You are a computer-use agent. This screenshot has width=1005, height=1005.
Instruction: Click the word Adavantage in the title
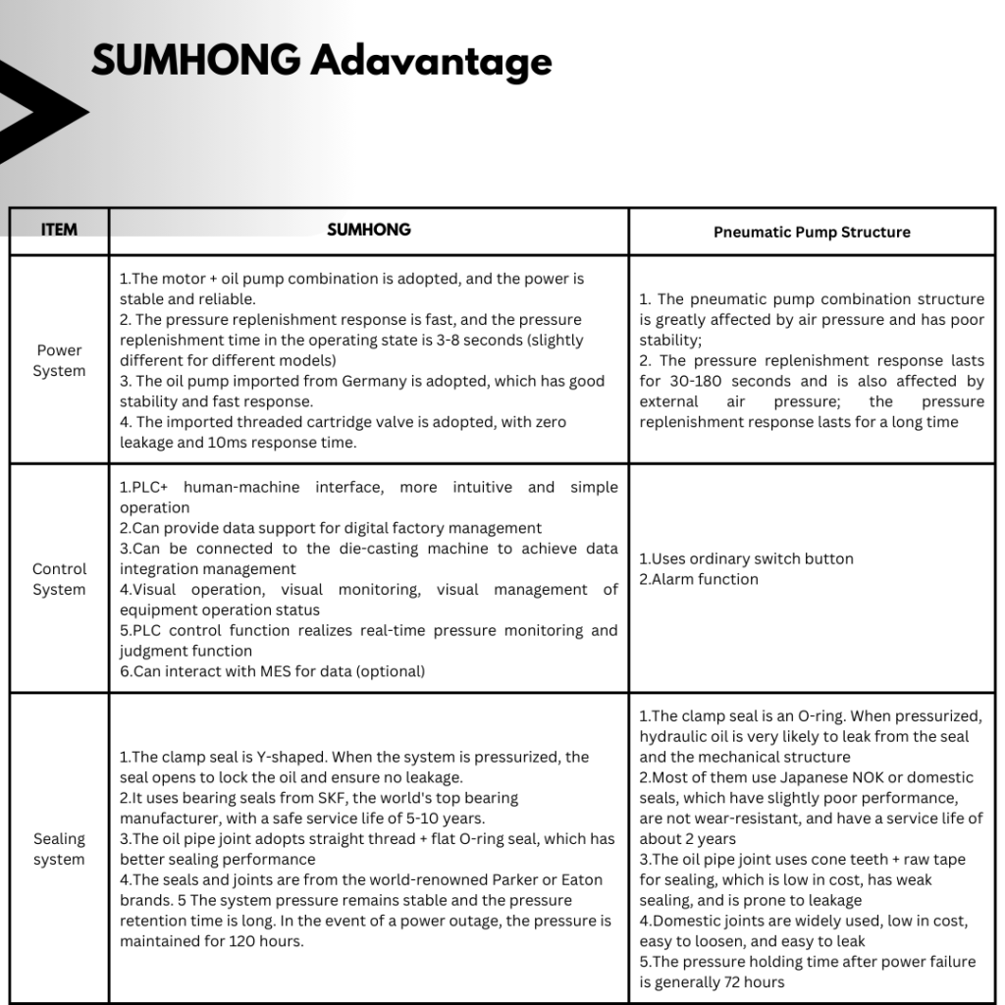[432, 62]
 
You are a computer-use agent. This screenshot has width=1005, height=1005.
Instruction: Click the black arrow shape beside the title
[39, 112]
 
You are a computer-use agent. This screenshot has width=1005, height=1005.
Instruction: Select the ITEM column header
[59, 231]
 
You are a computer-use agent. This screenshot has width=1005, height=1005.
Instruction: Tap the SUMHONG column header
[368, 230]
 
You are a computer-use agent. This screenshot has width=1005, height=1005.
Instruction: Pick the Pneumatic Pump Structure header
[812, 233]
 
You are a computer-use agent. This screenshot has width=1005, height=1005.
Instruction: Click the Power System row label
[59, 360]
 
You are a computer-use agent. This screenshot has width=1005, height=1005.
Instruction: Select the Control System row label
[59, 579]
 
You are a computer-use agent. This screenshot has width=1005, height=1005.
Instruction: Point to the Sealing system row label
[59, 849]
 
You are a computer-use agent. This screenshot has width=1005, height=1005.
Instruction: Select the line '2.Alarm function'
[699, 579]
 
